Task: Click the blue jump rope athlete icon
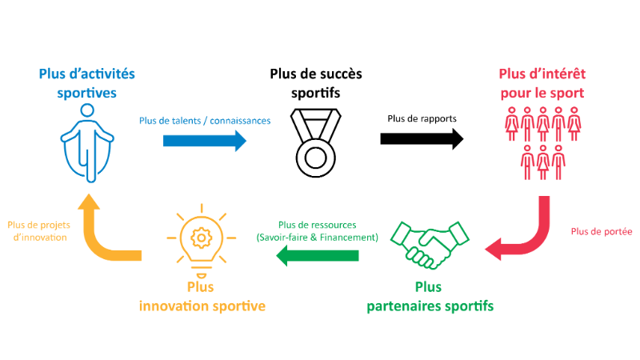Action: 86,149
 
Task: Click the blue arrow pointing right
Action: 205,141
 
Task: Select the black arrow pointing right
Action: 422,138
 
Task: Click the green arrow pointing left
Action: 318,256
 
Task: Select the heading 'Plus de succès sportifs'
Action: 315,83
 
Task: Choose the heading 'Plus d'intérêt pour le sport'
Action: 542,83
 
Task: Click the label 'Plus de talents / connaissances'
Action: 205,121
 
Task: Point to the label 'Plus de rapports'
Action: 422,118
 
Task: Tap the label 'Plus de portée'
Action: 602,232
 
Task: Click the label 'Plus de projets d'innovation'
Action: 36,231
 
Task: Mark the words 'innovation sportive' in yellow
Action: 202,306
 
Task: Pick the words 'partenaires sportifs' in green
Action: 430,306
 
